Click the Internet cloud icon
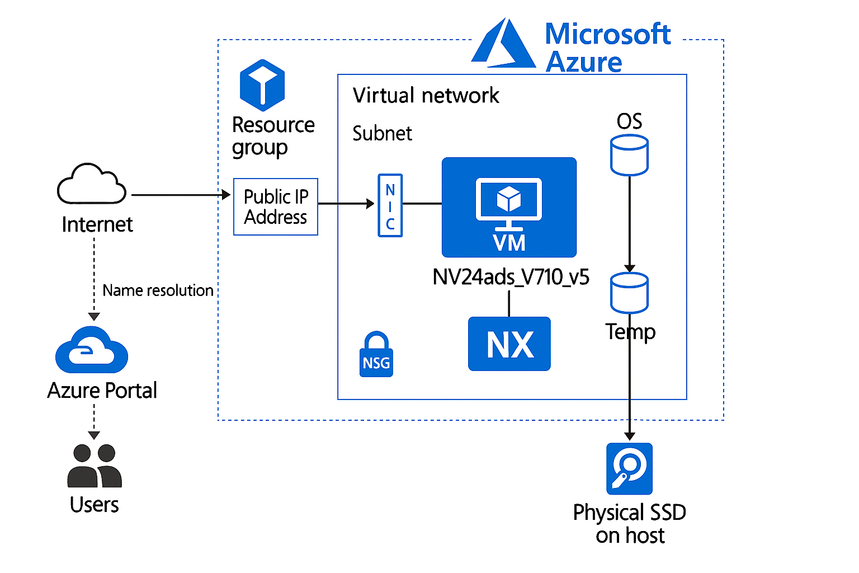point(92,184)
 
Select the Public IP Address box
point(276,207)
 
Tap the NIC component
point(390,205)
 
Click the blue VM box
point(509,207)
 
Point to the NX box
point(509,344)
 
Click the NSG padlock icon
point(376,355)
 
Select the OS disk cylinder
point(629,155)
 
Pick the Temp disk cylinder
point(629,293)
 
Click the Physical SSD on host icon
point(629,469)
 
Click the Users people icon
point(95,466)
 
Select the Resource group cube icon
point(262,85)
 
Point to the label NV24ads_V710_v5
point(511,277)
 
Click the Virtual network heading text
point(426,96)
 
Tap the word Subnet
point(382,134)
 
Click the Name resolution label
point(158,290)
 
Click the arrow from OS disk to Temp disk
point(630,224)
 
